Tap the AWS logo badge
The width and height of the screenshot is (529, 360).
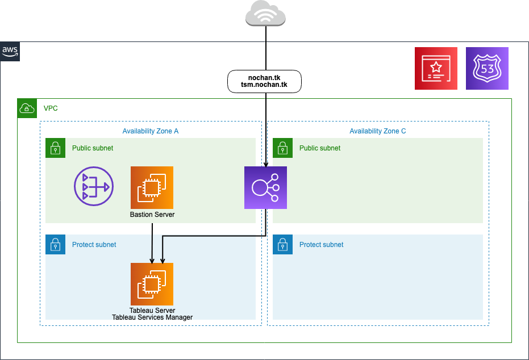coord(10,51)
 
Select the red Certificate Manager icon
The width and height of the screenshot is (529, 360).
coord(436,68)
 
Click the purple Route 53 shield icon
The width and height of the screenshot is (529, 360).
coord(487,68)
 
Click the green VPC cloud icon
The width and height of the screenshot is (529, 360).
coord(26,108)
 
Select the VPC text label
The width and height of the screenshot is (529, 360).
coord(51,108)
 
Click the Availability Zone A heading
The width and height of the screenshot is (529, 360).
coord(151,131)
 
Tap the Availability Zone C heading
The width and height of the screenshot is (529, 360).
coord(378,131)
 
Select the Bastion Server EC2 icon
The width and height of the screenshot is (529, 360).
coord(152,187)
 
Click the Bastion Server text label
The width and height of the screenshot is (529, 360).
coord(152,215)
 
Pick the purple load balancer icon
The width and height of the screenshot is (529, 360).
coord(265,187)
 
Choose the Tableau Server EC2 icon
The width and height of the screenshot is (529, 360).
coord(152,284)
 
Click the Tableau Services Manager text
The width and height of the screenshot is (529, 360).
coord(152,317)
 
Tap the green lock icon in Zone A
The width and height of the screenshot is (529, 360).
coord(55,148)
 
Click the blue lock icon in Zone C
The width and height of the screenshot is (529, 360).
coord(282,245)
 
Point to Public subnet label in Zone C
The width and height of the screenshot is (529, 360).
coord(320,148)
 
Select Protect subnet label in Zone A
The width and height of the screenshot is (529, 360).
coord(94,245)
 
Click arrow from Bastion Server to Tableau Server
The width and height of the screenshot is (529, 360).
coord(152,241)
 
